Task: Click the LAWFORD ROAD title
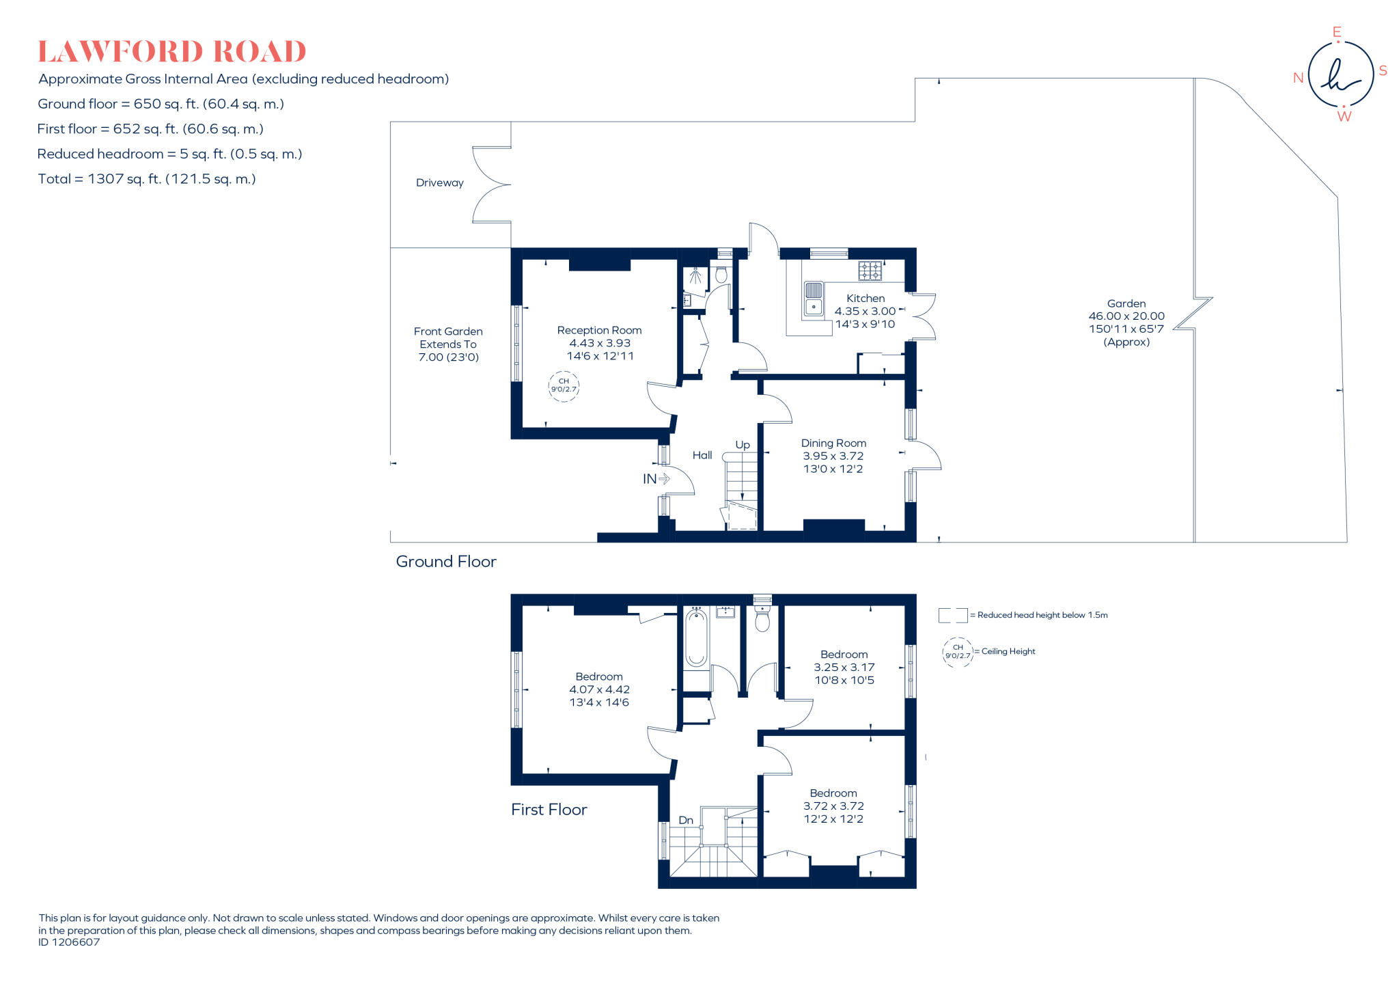tap(171, 52)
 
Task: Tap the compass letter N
tap(1298, 78)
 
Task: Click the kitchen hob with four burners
tap(870, 271)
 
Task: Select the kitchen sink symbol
tap(813, 299)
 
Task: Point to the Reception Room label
tap(599, 330)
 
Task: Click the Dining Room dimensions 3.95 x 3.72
tap(833, 456)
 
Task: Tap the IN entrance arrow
tap(656, 479)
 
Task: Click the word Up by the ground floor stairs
tap(743, 445)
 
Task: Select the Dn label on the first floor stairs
tap(686, 820)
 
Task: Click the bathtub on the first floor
tap(696, 638)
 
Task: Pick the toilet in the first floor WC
tap(762, 619)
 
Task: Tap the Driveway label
tap(439, 182)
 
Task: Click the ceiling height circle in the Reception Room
tap(564, 386)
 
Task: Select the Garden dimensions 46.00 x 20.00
tap(1126, 316)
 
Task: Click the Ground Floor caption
tap(446, 562)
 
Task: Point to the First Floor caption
tap(549, 810)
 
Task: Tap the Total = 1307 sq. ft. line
tap(146, 179)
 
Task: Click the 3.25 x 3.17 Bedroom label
tap(844, 667)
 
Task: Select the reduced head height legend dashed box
tap(952, 615)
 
